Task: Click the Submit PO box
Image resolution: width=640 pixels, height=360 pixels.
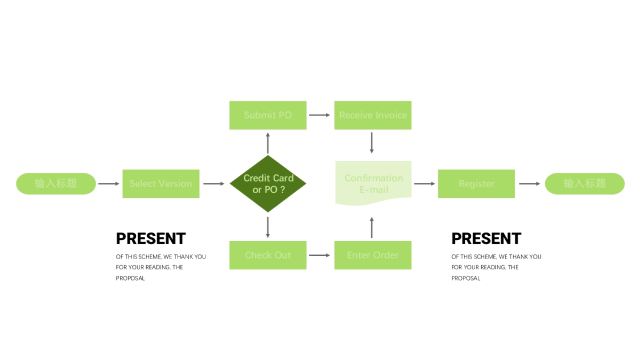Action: point(268,115)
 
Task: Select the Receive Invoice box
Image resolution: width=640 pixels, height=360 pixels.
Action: point(373,115)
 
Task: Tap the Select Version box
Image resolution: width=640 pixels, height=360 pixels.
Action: point(161,183)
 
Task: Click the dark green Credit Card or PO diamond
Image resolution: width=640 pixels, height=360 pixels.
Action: point(268,183)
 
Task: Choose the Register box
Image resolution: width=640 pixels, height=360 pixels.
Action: point(476,183)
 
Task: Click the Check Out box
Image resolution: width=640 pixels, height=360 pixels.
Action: point(268,255)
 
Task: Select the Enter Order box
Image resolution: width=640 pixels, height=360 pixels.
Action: point(373,255)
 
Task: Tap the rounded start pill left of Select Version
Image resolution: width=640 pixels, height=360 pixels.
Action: point(56,183)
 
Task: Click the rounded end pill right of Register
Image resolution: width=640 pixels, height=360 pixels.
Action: point(585,183)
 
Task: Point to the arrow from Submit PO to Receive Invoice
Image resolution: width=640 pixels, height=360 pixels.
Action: point(320,115)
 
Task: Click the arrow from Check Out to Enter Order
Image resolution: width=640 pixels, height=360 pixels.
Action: point(320,255)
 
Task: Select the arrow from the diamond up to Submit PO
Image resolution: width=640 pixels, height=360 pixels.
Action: point(268,142)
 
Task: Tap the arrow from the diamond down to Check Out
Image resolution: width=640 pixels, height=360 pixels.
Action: point(268,227)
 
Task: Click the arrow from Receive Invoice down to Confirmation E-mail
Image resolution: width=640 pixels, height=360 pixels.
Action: point(372,142)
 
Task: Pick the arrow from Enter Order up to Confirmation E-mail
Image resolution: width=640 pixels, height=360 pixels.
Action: point(372,227)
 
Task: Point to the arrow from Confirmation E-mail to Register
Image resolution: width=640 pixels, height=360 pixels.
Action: point(425,184)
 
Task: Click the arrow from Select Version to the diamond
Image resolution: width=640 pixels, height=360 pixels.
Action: point(214,184)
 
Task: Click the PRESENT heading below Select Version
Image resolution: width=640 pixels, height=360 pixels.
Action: point(151,238)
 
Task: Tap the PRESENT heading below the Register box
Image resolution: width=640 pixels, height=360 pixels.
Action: point(486,238)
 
